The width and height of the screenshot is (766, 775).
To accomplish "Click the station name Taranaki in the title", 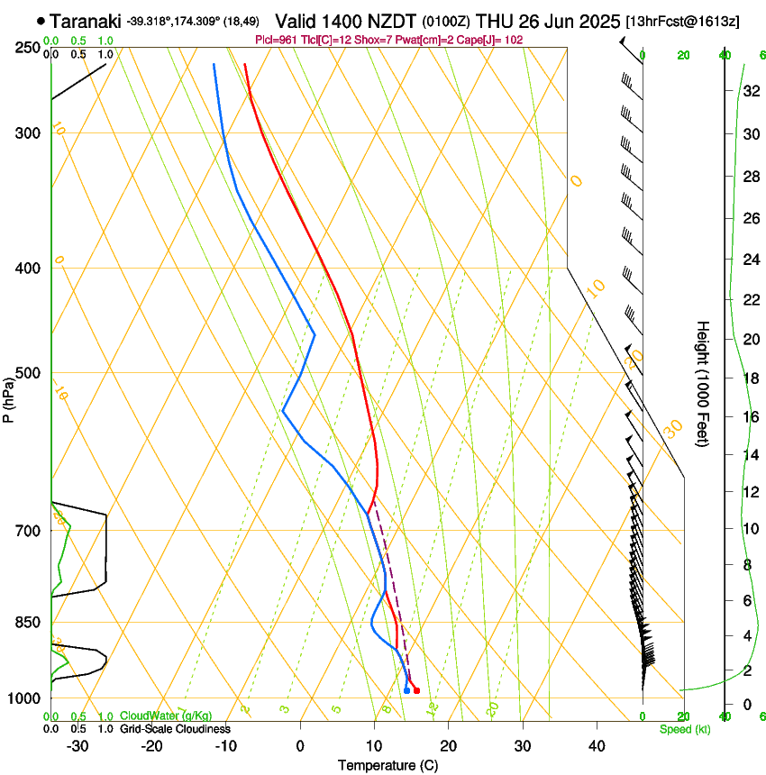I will pyautogui.click(x=85, y=21).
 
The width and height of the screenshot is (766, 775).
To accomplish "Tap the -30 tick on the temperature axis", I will pyautogui.click(x=78, y=746).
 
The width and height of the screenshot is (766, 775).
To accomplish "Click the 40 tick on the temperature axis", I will pyautogui.click(x=597, y=746).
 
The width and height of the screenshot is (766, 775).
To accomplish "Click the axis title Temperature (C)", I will pyautogui.click(x=388, y=766).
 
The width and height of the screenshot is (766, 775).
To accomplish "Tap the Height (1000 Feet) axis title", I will pyautogui.click(x=703, y=384).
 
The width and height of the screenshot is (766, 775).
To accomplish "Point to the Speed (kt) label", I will pyautogui.click(x=685, y=729).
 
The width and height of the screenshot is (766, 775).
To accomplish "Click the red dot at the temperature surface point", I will pyautogui.click(x=416, y=691).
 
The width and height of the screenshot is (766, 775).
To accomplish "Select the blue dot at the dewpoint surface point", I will pyautogui.click(x=407, y=691).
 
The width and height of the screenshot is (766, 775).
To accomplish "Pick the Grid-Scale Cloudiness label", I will pyautogui.click(x=175, y=729).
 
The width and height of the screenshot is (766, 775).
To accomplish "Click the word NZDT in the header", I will pyautogui.click(x=390, y=21).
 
